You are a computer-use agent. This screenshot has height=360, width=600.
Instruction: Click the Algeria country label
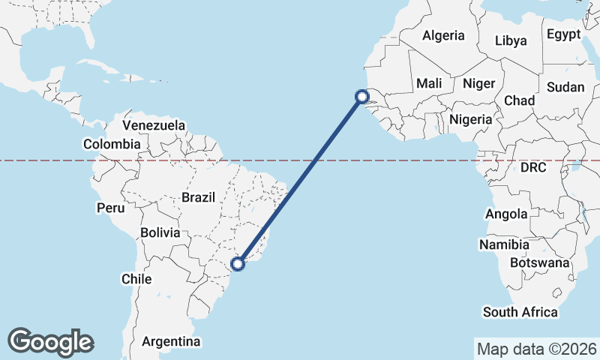coord(443,35)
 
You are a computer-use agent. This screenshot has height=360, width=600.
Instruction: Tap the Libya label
coord(511,40)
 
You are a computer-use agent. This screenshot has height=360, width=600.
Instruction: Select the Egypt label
coord(563,34)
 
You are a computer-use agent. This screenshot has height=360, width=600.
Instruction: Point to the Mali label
coord(429,83)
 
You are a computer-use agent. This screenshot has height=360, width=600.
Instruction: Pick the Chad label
coord(519,100)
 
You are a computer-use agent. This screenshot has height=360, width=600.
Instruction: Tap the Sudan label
coord(565,87)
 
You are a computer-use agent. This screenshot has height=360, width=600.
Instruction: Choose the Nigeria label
coord(470,119)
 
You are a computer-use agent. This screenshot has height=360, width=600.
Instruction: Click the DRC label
coord(533,168)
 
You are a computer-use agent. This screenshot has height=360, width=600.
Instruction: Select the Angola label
coord(506,214)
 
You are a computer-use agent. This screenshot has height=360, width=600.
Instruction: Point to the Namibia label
coord(503,245)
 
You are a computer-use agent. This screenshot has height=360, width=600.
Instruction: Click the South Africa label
coord(520,312)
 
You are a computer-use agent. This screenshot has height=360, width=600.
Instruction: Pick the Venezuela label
coord(154,124)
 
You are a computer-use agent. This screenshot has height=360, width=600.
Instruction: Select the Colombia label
coord(112,144)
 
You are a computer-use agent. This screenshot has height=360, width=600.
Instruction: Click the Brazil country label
coord(198,198)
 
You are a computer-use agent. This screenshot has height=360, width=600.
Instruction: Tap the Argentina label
coord(171,342)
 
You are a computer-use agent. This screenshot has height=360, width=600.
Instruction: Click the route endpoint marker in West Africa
coord(361,96)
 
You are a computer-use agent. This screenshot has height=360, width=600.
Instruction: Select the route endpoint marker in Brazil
coord(238,263)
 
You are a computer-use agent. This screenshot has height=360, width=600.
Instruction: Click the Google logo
coord(50,341)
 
